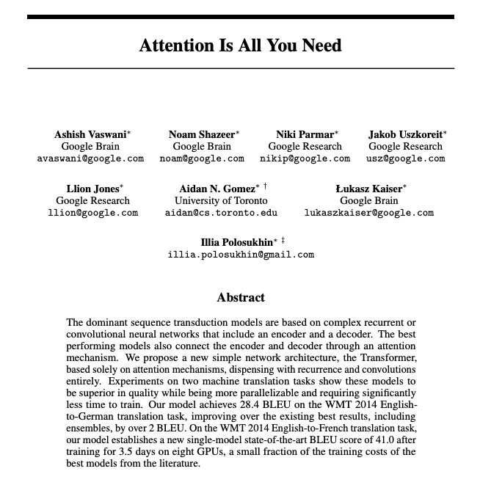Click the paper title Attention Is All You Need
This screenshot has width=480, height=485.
click(x=240, y=45)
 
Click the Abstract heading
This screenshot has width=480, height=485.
click(x=241, y=298)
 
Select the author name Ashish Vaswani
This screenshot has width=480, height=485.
click(x=90, y=134)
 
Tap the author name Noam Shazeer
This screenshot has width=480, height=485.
click(x=202, y=134)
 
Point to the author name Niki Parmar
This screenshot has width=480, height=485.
click(x=305, y=134)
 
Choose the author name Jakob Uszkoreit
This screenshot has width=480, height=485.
click(x=405, y=134)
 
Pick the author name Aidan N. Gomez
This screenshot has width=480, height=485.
click(x=219, y=189)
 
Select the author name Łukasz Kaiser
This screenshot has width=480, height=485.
click(x=368, y=189)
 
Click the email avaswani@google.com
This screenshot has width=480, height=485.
click(x=90, y=158)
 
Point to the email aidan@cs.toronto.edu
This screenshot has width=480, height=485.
click(x=221, y=213)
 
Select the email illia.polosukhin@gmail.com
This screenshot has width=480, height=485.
click(x=241, y=255)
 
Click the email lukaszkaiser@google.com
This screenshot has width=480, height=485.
click(x=369, y=213)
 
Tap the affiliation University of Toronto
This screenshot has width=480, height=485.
click(x=221, y=200)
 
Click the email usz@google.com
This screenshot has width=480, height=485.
click(x=406, y=158)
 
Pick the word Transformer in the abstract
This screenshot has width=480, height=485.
click(x=388, y=358)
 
